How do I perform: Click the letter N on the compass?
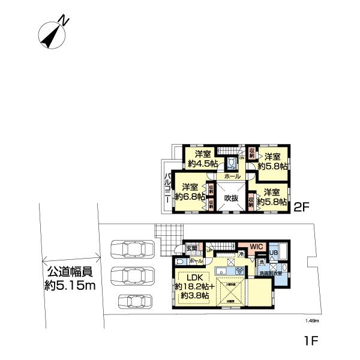click(64, 22)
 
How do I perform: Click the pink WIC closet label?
click(257, 247)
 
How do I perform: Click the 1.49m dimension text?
click(311, 321)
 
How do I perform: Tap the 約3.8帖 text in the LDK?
click(192, 296)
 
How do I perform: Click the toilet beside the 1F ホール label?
click(181, 262)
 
